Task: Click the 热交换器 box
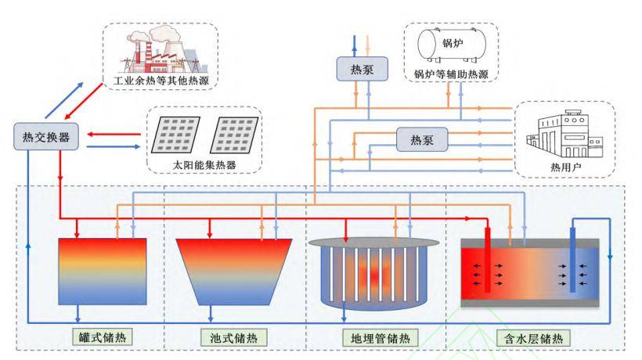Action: tap(46, 137)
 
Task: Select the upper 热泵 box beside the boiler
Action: tap(362, 69)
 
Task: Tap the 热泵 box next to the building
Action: tap(422, 139)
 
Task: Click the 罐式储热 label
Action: tap(103, 337)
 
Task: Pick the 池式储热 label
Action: tap(234, 337)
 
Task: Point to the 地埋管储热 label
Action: tap(381, 338)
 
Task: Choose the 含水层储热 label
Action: tap(532, 338)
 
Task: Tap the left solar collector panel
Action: tap(175, 135)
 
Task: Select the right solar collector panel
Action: tap(234, 135)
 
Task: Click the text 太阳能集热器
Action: tap(204, 165)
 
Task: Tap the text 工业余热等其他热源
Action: tap(161, 80)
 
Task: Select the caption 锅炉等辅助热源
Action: tap(451, 74)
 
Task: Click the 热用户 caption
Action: tap(565, 167)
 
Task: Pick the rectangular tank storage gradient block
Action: tap(103, 272)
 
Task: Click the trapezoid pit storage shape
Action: tap(234, 272)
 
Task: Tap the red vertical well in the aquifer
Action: tap(488, 259)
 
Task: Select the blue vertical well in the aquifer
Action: tap(573, 260)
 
